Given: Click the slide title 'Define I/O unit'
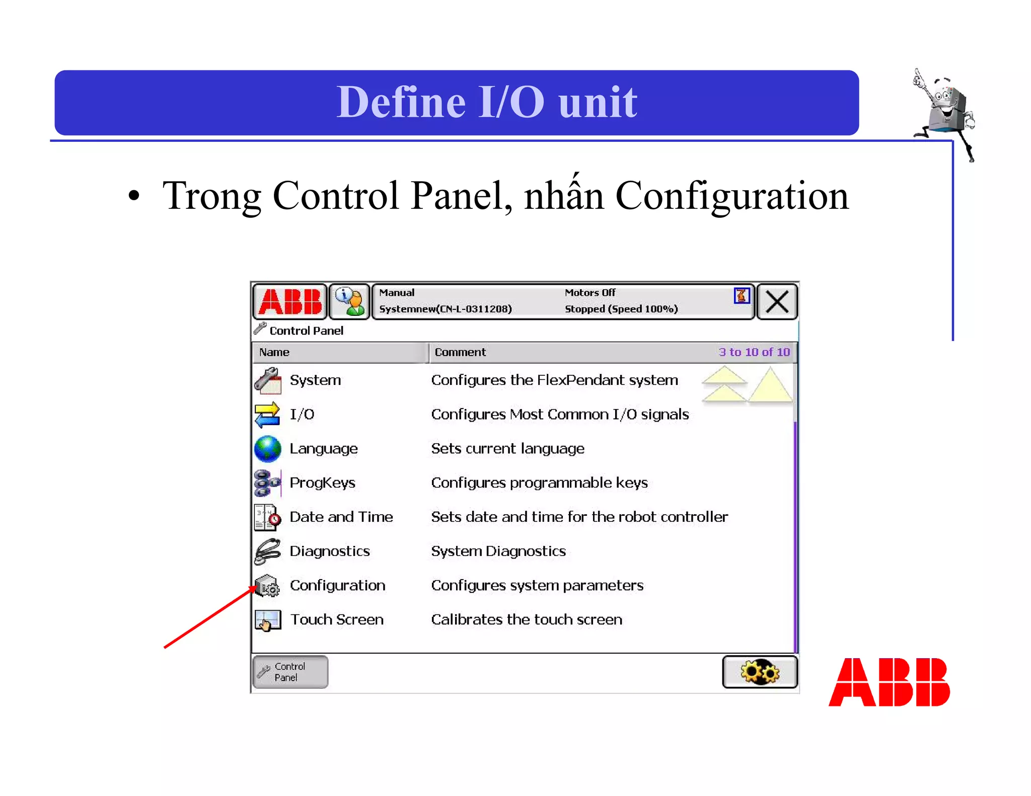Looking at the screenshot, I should click(486, 102).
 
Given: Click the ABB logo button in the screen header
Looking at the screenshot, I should click(290, 301).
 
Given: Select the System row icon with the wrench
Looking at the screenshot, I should click(267, 380).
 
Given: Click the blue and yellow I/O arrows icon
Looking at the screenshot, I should click(267, 415).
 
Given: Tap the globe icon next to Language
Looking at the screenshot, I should click(267, 449).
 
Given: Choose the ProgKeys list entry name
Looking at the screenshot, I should click(322, 483).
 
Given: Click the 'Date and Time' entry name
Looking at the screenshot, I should click(341, 517).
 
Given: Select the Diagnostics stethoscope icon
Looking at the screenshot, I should click(267, 551).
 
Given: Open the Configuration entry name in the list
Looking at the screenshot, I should click(337, 586).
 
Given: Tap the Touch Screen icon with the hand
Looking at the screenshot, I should click(267, 620).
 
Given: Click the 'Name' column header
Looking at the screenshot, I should click(274, 352).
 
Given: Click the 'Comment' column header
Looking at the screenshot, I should click(460, 352).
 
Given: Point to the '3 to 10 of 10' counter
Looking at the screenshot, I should click(754, 352).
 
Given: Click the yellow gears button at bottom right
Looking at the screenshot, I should click(759, 672).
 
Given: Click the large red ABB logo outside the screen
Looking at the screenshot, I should click(889, 682).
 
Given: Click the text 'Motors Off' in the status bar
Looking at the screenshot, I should click(590, 293).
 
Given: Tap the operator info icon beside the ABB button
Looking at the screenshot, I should click(349, 301).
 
